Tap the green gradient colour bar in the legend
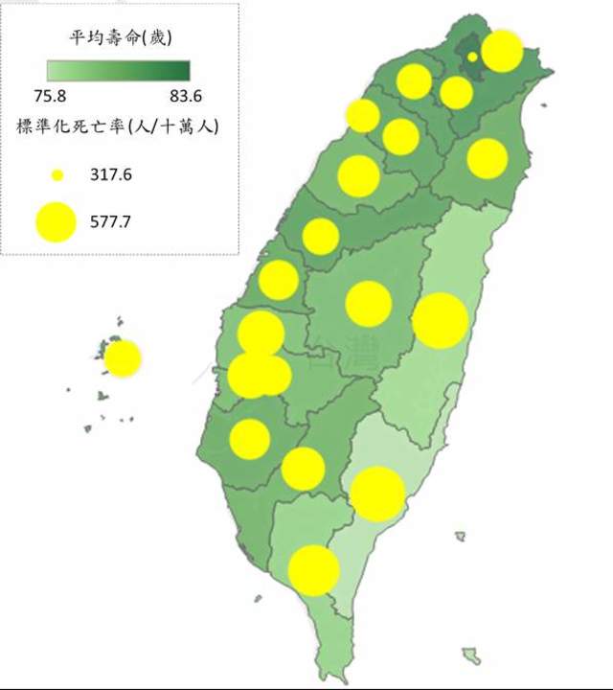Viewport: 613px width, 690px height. pyautogui.click(x=119, y=70)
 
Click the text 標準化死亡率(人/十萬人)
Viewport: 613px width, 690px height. pyautogui.click(x=118, y=127)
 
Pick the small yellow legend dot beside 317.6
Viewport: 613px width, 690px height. pyautogui.click(x=57, y=175)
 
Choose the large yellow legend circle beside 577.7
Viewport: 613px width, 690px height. pyautogui.click(x=57, y=222)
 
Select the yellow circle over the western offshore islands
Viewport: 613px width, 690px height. pyautogui.click(x=123, y=358)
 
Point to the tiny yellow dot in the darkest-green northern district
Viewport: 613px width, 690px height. pyautogui.click(x=472, y=57)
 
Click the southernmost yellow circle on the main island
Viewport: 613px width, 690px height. pyautogui.click(x=313, y=570)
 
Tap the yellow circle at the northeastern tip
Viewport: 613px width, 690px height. pyautogui.click(x=501, y=51)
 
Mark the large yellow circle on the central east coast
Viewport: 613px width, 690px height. pyautogui.click(x=440, y=321)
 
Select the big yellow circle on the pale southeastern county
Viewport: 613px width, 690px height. pyautogui.click(x=377, y=494)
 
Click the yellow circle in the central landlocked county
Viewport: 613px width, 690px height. pyautogui.click(x=369, y=304)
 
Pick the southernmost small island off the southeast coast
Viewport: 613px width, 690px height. pyautogui.click(x=469, y=655)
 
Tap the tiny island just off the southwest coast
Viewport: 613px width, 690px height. pyautogui.click(x=258, y=599)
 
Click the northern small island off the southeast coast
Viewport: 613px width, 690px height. pyautogui.click(x=461, y=537)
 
